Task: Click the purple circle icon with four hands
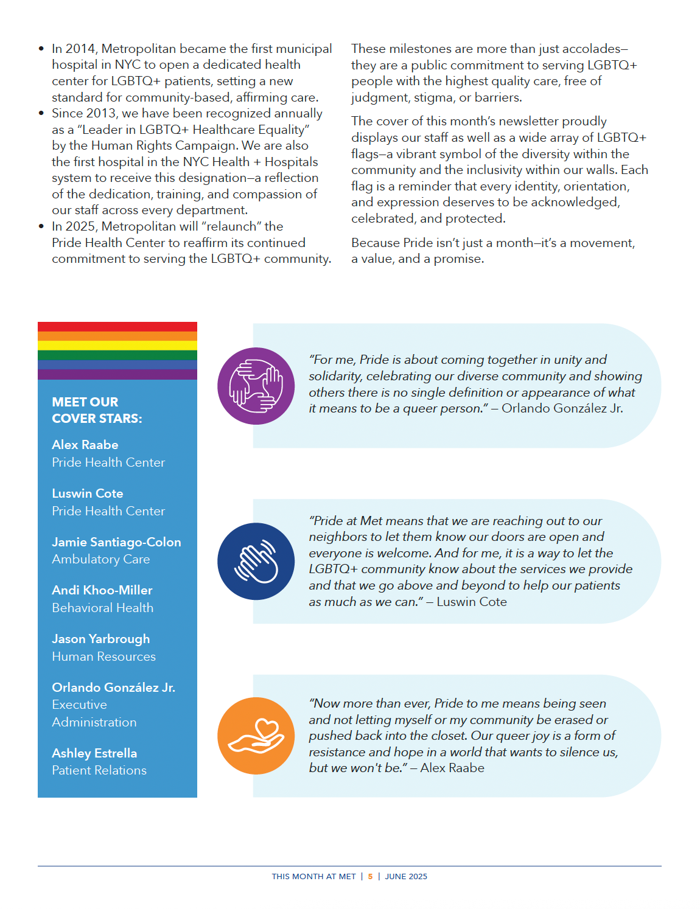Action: click(256, 386)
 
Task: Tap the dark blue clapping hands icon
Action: click(256, 561)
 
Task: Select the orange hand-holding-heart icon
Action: click(256, 736)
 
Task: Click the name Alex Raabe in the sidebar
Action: click(85, 445)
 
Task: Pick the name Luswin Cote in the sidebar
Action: click(88, 493)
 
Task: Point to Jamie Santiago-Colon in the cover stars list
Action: click(116, 542)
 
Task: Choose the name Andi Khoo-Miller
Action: click(102, 590)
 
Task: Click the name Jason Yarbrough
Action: click(101, 639)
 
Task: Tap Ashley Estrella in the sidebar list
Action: click(94, 753)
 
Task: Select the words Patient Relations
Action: click(99, 770)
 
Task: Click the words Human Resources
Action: click(104, 656)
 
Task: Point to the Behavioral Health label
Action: click(103, 608)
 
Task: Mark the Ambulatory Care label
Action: click(101, 559)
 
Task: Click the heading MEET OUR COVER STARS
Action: click(97, 410)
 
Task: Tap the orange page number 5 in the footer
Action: click(370, 877)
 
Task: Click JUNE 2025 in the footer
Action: click(406, 877)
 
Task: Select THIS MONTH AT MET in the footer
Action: click(313, 877)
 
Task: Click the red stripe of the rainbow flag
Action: click(117, 327)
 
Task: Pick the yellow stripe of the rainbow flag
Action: click(117, 346)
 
